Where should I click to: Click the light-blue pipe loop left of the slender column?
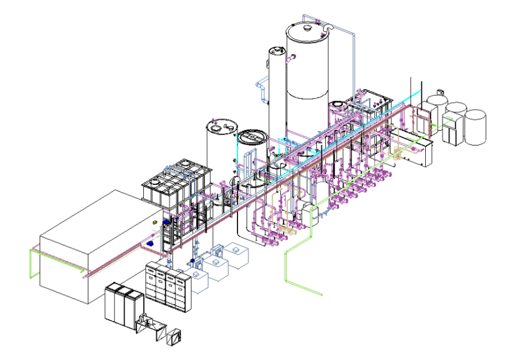tap(262, 90)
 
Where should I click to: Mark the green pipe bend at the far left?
tap(32, 260)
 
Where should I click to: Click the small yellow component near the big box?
tap(155, 222)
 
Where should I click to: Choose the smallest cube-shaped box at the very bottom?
tap(176, 335)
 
